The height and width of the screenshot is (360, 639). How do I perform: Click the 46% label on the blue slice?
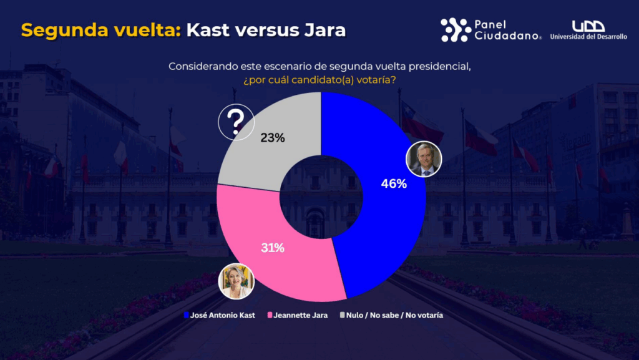(394, 184)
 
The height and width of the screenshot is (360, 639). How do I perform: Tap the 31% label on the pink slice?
(273, 248)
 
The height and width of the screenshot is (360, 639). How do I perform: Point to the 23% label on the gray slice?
(273, 139)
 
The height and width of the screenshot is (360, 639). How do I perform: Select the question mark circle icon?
(236, 122)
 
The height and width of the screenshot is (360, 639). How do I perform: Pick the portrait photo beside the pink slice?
(237, 281)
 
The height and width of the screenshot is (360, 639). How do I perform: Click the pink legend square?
(270, 315)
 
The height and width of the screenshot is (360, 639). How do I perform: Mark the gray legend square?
(342, 315)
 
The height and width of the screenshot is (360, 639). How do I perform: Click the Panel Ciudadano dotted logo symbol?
(456, 30)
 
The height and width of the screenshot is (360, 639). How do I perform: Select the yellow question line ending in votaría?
(319, 80)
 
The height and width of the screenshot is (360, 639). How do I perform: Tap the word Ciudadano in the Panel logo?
(507, 36)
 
